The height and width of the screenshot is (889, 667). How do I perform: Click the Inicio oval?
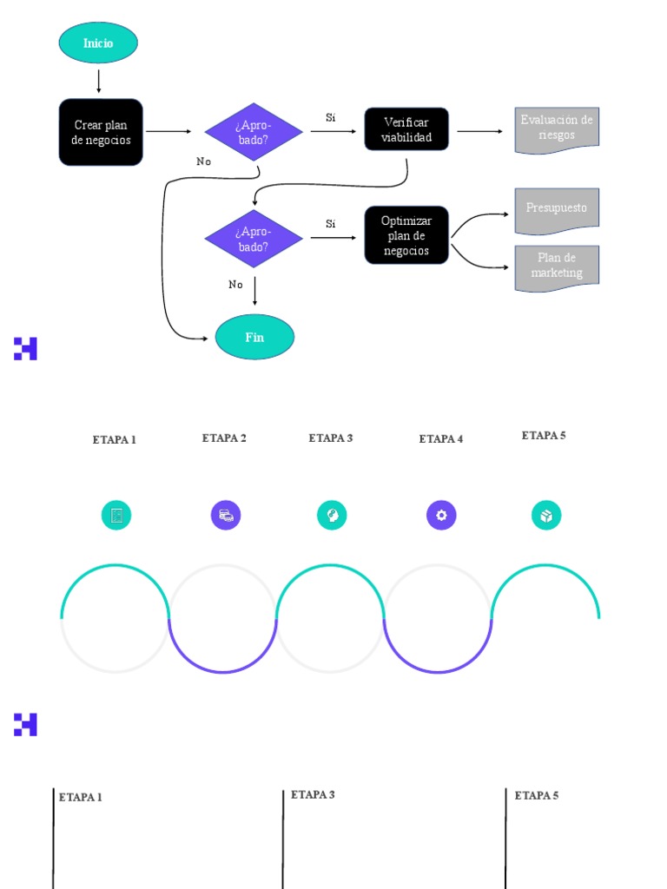pos(98,43)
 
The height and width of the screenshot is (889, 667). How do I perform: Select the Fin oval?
pos(254,337)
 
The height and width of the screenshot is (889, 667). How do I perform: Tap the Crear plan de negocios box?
pos(101,132)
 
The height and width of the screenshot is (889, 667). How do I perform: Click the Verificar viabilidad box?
pos(406,130)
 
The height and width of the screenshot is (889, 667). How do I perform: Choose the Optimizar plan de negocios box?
pos(406,235)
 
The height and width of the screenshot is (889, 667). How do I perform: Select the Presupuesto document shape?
pos(557,210)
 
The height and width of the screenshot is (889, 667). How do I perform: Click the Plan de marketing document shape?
pos(557,267)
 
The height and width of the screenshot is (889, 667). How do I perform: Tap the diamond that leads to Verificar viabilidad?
pos(254,132)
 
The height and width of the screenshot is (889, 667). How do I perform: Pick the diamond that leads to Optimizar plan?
pos(254,239)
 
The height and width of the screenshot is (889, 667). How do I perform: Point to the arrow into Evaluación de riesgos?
pos(480,131)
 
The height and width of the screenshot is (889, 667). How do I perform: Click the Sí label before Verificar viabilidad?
pos(331,117)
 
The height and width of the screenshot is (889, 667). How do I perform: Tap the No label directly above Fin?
pos(235,285)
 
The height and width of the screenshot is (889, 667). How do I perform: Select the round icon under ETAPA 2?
pos(226,516)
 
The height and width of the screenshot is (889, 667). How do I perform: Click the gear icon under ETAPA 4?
pos(441,516)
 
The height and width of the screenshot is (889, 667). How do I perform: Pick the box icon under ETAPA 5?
pos(546,516)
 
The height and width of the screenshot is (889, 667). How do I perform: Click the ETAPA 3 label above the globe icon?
pos(331,438)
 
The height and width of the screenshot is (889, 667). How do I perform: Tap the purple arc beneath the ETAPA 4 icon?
pos(438,670)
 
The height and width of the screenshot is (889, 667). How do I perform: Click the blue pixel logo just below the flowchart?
pos(25,348)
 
